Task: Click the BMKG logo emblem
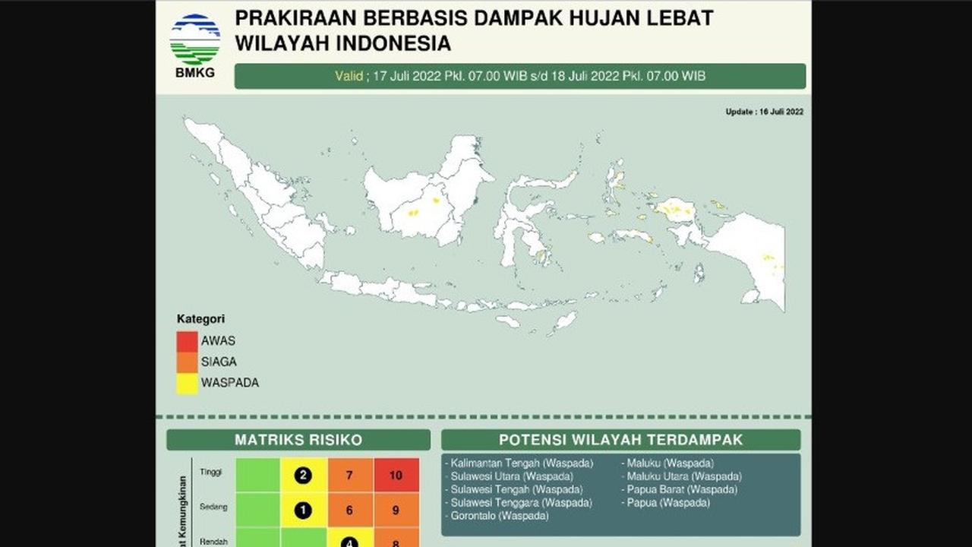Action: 195,40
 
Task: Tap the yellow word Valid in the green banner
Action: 349,76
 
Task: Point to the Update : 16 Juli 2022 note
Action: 764,112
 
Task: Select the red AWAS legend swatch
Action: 188,341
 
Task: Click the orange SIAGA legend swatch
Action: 188,362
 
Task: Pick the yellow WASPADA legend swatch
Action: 188,383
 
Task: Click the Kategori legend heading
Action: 200,319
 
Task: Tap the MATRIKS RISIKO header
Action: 298,440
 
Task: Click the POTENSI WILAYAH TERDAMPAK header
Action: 620,440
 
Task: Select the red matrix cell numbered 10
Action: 396,476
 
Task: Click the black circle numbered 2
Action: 304,476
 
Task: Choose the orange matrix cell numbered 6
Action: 349,511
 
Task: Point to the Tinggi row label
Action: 211,472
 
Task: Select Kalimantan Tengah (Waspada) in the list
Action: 522,463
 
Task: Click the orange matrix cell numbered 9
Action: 396,511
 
